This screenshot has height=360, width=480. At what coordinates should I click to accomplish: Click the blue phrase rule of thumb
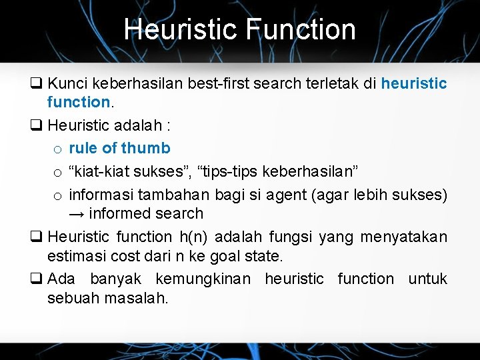point(119,148)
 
